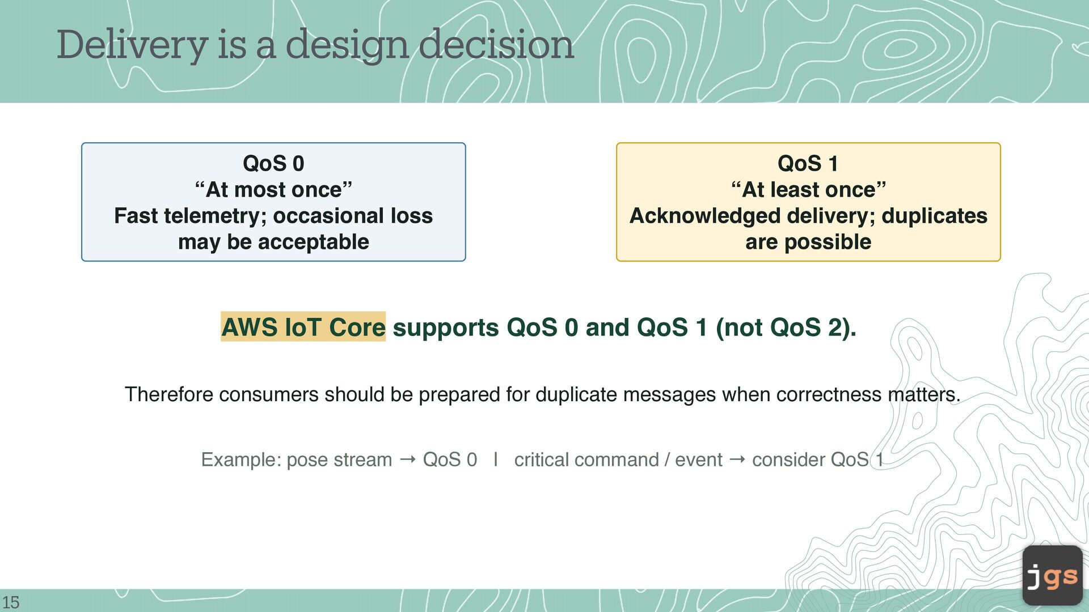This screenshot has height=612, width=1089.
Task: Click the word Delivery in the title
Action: [x=132, y=45]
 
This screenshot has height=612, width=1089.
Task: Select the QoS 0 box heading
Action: [x=273, y=164]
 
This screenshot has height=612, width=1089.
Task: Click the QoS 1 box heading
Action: [x=808, y=164]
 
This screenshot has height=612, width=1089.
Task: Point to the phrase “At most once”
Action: [x=273, y=190]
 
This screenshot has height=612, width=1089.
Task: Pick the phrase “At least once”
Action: [x=808, y=190]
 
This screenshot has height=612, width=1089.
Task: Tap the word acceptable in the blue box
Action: [x=313, y=242]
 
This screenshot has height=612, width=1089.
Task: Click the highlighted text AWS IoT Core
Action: [x=303, y=327]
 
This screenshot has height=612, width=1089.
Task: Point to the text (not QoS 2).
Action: [x=786, y=328]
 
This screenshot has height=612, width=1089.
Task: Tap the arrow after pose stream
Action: [x=407, y=460]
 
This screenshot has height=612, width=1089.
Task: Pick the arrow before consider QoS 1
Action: [x=737, y=460]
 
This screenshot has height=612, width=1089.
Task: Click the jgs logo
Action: [x=1052, y=576]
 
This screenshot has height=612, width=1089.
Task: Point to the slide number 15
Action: [x=11, y=602]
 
